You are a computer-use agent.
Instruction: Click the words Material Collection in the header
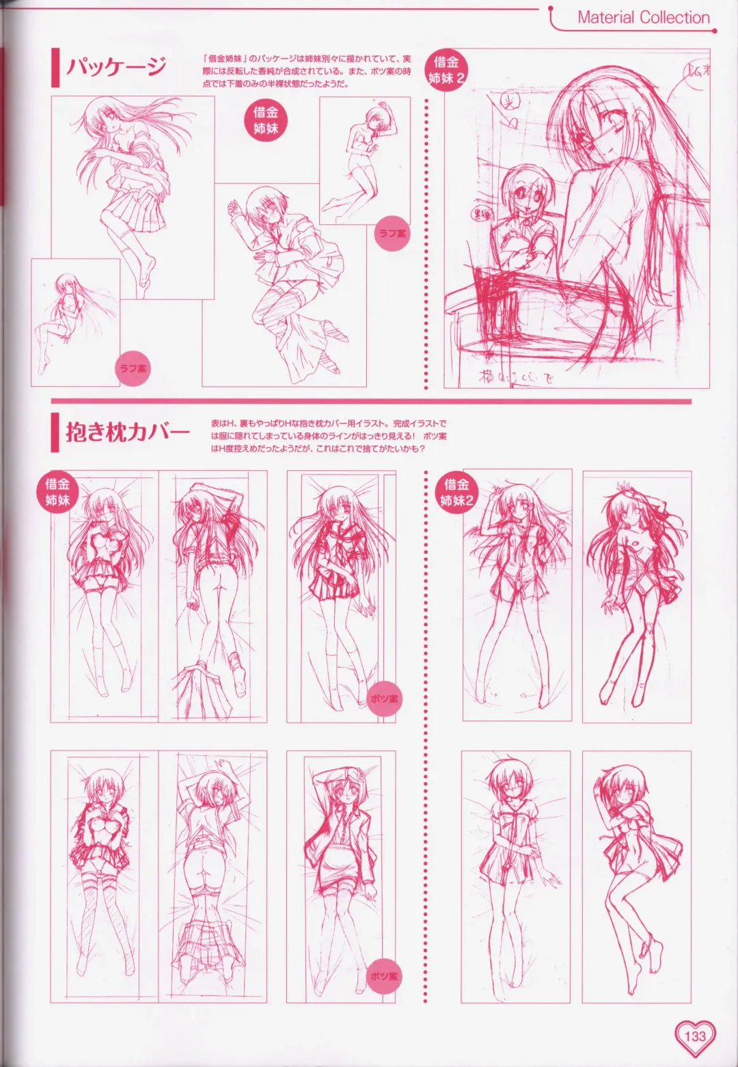pos(643,18)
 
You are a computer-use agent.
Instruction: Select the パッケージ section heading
pos(115,68)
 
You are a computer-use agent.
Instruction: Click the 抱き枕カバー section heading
pos(127,433)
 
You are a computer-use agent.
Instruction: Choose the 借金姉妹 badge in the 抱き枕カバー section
pos(57,491)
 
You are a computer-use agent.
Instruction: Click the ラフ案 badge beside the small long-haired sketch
pos(133,368)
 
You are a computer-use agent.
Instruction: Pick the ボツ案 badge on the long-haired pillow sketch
pos(384,699)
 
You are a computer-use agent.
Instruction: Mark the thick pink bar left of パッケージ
pos(54,68)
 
